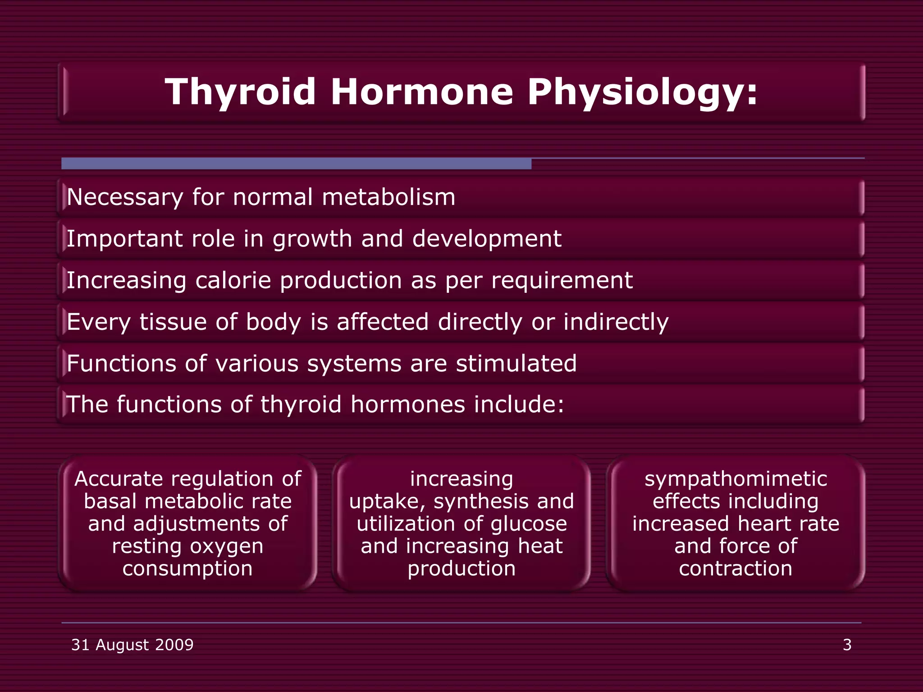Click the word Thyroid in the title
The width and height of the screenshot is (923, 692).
click(240, 92)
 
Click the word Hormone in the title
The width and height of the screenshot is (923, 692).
click(422, 92)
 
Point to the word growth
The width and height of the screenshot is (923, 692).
click(312, 239)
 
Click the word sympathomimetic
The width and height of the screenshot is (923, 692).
click(736, 479)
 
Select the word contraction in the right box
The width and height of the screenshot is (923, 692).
click(736, 569)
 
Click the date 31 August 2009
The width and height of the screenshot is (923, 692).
click(132, 645)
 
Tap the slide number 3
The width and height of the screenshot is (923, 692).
click(847, 645)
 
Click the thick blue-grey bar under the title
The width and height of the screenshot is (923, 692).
click(296, 164)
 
